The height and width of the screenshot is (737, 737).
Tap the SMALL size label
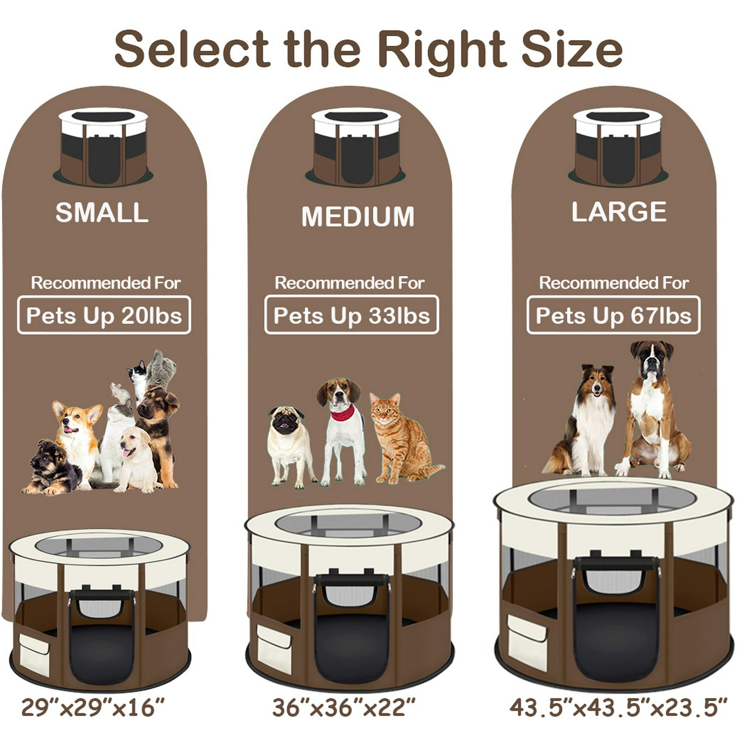tap(102, 212)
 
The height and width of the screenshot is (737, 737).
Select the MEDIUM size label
tap(357, 216)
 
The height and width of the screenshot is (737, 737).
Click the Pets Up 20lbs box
tap(104, 315)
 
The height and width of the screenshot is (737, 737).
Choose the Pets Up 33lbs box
tap(351, 315)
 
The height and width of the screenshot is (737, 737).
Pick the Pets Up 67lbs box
tap(614, 315)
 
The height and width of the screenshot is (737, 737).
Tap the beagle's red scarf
tap(342, 413)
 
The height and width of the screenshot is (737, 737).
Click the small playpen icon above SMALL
tap(103, 147)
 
